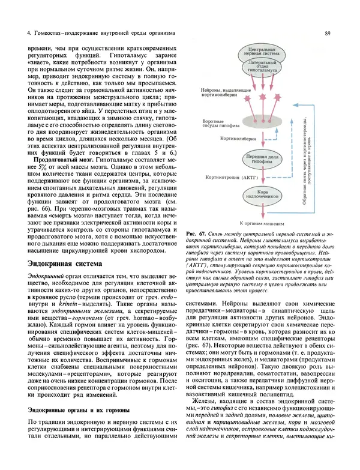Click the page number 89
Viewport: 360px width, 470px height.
327,34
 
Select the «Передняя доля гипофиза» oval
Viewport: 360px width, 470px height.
262,158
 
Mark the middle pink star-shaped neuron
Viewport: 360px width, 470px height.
262,96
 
